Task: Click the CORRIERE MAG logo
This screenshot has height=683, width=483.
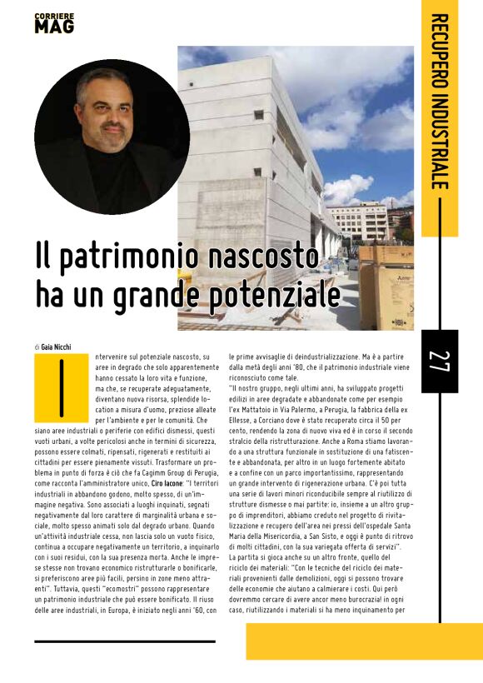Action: pos(54,23)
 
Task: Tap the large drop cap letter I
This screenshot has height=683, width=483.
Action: pos(62,387)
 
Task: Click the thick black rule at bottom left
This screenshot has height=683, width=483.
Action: pos(125,642)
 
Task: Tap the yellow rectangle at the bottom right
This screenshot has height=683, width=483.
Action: pos(364,641)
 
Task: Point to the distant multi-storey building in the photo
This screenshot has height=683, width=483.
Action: pos(357,222)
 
